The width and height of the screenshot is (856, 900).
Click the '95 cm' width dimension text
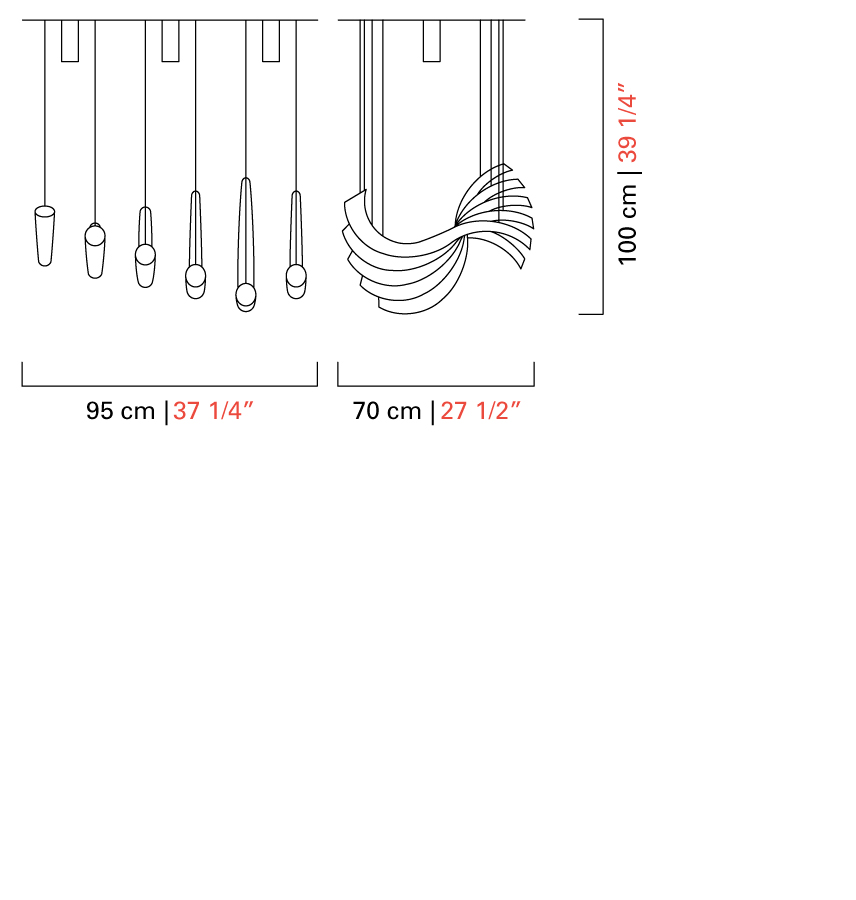(121, 411)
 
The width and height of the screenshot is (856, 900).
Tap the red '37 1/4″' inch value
(213, 411)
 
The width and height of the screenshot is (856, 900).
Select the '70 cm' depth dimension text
(387, 411)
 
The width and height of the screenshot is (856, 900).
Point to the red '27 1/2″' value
(481, 411)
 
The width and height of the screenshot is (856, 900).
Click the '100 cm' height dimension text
(628, 224)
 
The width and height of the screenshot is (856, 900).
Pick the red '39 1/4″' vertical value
(628, 123)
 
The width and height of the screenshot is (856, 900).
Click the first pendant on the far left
(45, 236)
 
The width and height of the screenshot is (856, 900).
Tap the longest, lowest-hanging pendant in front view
(246, 245)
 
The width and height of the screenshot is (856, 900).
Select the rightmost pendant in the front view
(296, 245)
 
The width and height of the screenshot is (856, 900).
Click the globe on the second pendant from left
(95, 235)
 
